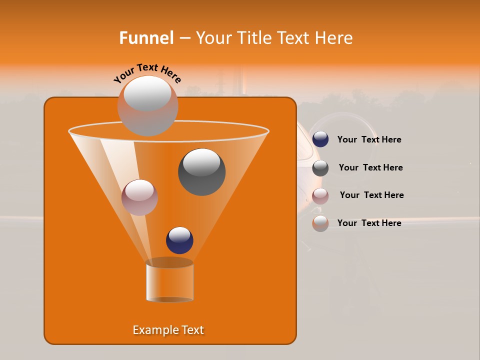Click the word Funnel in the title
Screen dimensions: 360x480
click(146, 38)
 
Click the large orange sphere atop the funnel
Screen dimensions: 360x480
click(147, 106)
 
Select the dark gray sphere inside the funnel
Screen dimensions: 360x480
click(201, 172)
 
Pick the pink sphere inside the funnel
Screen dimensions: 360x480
click(139, 197)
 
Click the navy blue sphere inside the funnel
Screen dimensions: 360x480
click(179, 240)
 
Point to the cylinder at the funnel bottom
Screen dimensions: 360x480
click(169, 281)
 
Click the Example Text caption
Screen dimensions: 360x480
click(168, 330)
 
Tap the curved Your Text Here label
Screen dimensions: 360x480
click(147, 73)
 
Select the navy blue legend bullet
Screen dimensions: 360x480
click(320, 139)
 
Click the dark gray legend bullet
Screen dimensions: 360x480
click(320, 168)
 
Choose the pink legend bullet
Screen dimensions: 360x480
click(320, 196)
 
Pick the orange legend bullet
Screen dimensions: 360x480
click(320, 223)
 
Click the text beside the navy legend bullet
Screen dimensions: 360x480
click(369, 140)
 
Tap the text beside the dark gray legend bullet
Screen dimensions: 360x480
click(370, 167)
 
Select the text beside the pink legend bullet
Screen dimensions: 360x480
click(371, 195)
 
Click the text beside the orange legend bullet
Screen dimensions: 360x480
click(369, 223)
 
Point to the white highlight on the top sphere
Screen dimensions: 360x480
click(147, 93)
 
